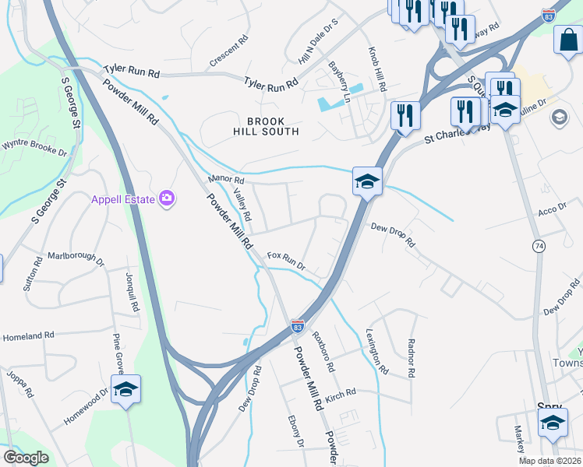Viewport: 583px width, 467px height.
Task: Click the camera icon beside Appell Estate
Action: click(x=166, y=198)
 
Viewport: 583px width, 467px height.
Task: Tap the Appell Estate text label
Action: click(x=123, y=198)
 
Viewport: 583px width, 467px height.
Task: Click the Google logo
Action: click(x=26, y=458)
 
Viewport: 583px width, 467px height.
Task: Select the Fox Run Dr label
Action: click(x=285, y=260)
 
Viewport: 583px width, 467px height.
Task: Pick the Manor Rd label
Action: click(x=226, y=181)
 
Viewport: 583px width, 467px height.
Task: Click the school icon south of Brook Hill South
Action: click(x=367, y=182)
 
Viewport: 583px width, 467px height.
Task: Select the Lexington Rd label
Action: click(x=376, y=351)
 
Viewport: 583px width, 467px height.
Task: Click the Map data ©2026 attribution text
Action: click(x=549, y=461)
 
